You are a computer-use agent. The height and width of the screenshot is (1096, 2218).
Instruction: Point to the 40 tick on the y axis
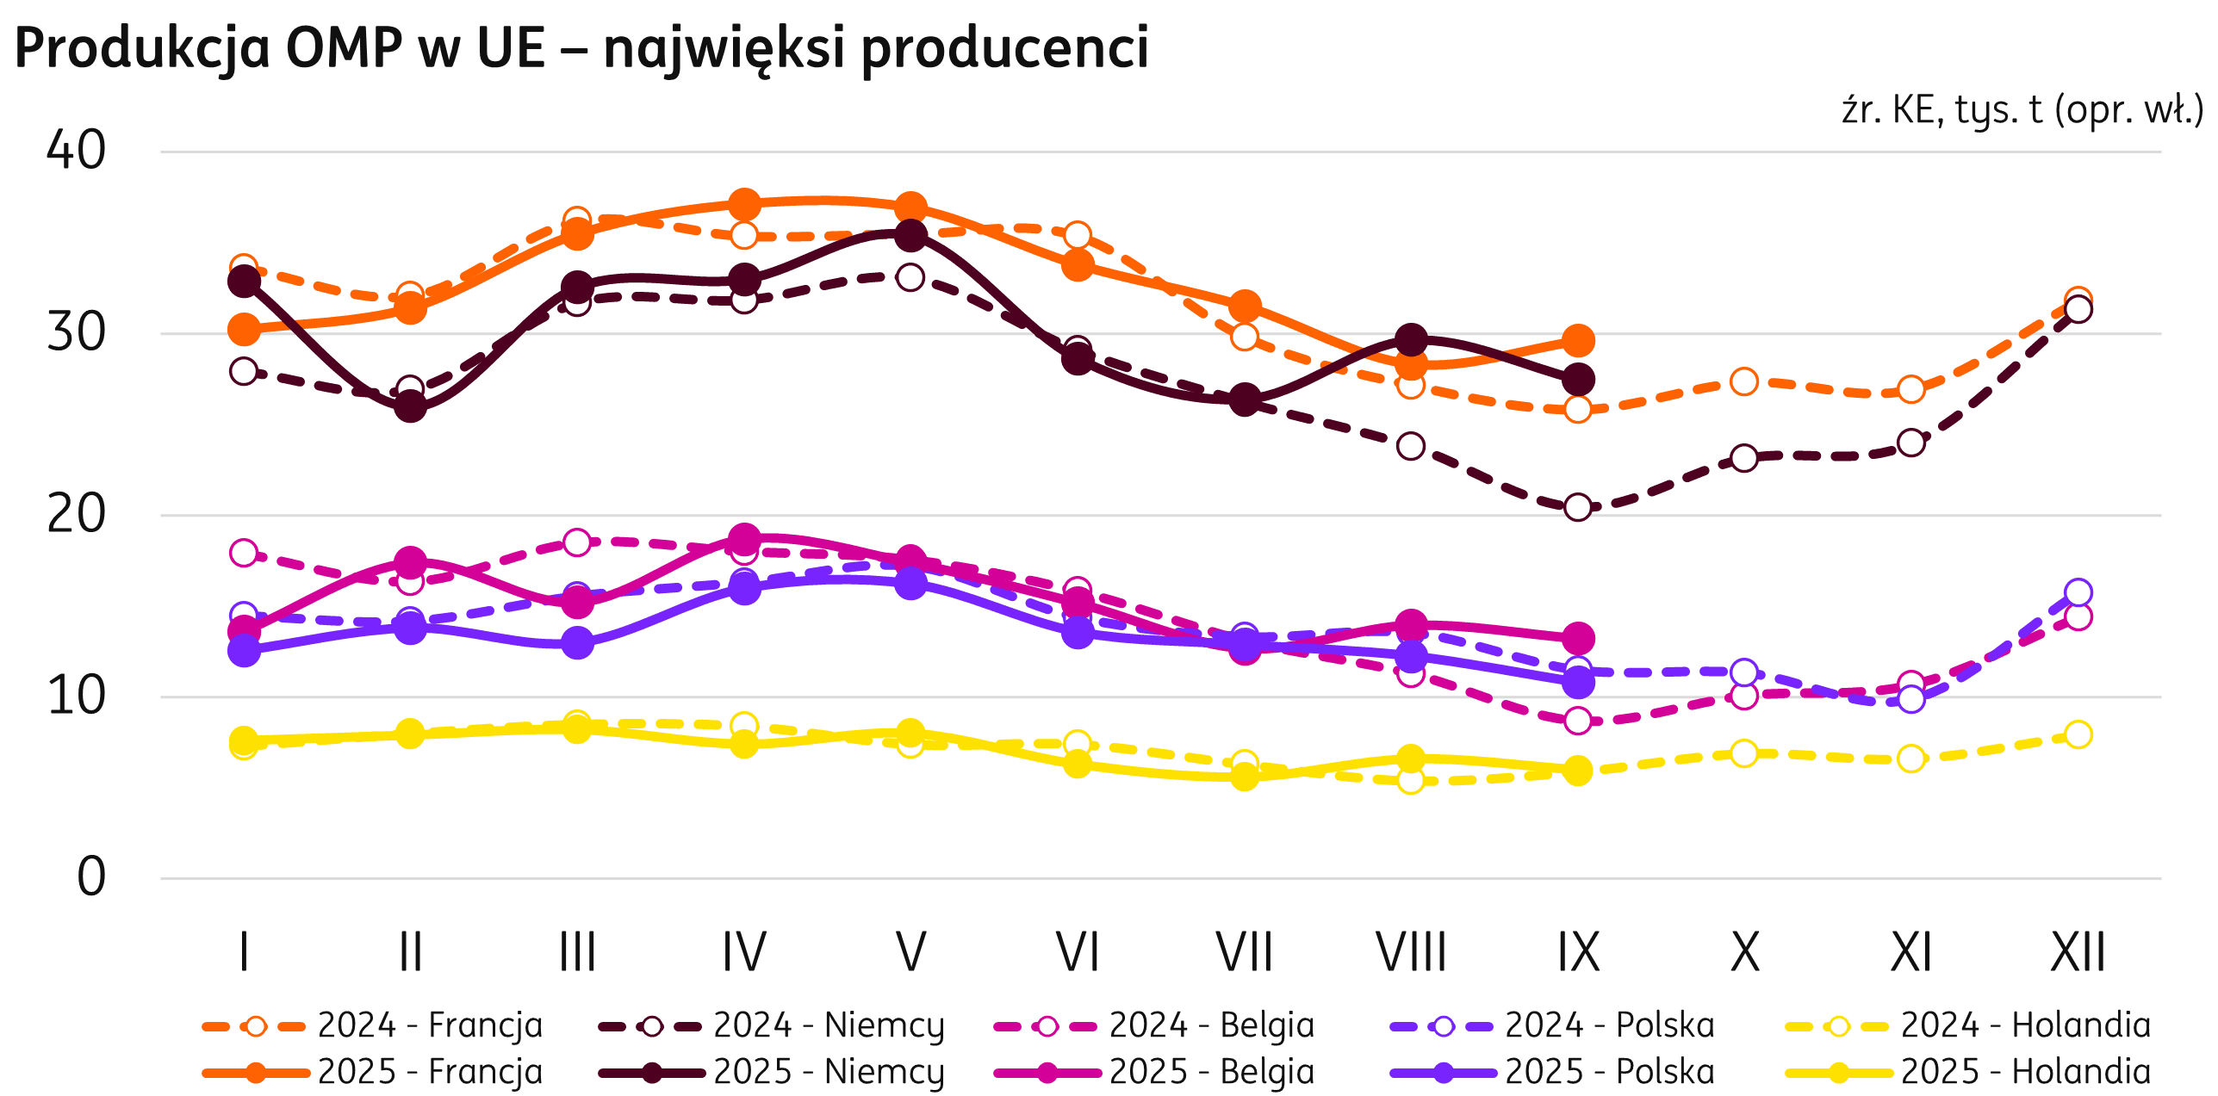click(x=76, y=150)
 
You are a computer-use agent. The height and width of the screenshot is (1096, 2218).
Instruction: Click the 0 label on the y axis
click(x=91, y=877)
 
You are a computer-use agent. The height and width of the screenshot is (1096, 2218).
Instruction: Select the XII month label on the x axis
click(x=2078, y=952)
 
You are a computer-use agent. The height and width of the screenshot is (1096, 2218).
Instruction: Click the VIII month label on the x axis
click(x=1411, y=952)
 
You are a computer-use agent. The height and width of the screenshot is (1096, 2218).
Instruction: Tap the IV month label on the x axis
click(x=744, y=952)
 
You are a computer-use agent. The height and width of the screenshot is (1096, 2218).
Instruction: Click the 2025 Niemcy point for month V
click(x=910, y=235)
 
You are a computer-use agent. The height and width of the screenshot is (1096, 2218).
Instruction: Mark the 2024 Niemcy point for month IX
click(x=1578, y=507)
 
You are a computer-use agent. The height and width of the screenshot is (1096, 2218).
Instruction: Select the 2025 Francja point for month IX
click(x=1578, y=341)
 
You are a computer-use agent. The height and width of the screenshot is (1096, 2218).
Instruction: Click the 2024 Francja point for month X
click(x=1744, y=381)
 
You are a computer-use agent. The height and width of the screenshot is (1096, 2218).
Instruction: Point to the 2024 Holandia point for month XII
click(x=2078, y=734)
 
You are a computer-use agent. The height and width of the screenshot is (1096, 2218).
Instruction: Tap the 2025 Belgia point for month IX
click(x=1578, y=638)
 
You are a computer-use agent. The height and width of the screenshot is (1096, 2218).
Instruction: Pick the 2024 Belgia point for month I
click(x=244, y=552)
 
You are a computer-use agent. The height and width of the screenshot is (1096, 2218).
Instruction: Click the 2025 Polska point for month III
click(x=577, y=642)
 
